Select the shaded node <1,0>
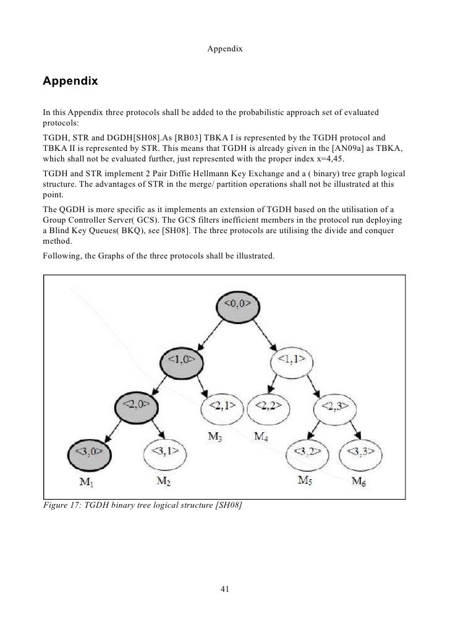pos(186,359)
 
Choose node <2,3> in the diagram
pos(337,406)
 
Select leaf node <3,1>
pos(166,452)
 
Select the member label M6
pos(359,481)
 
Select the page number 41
pos(225,589)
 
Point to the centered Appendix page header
pos(224,48)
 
